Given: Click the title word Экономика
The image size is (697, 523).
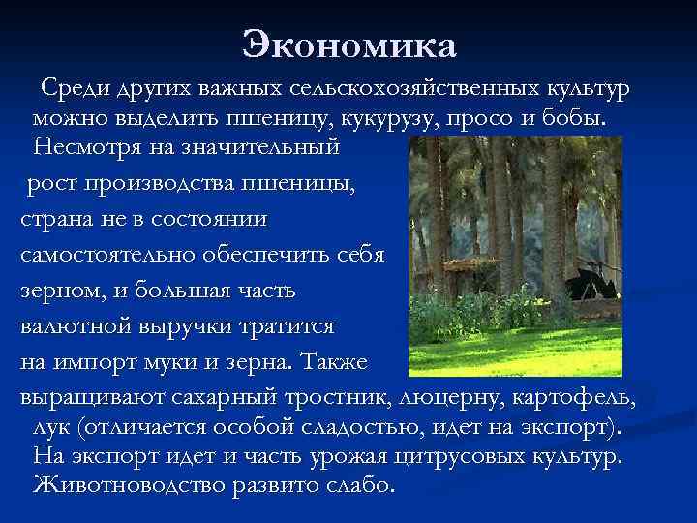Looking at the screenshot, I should click(348, 45).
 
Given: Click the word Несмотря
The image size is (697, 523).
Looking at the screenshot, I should click(84, 149).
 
